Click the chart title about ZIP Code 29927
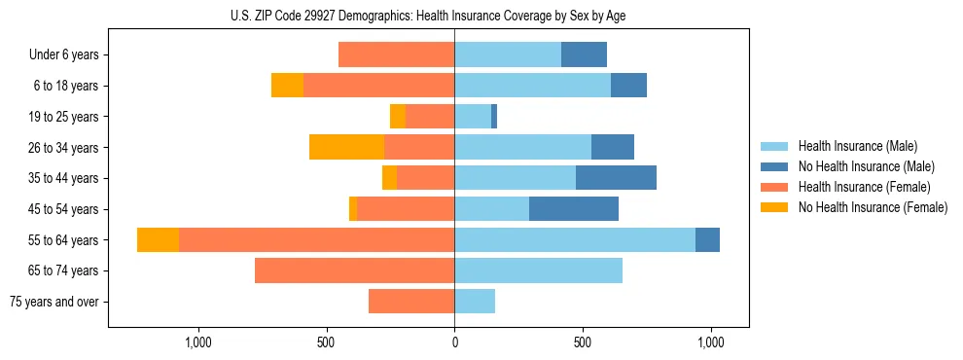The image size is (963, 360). [x=429, y=16]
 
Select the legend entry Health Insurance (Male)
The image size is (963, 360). [x=856, y=146]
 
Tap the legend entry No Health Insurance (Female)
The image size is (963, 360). [x=873, y=207]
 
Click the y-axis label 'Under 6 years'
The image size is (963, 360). [x=64, y=55]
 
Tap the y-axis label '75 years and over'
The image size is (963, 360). [x=54, y=302]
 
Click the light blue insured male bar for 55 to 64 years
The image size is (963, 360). [x=574, y=240]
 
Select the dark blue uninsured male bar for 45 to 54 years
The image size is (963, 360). [x=574, y=209]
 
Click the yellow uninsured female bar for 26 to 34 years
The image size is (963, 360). [x=346, y=147]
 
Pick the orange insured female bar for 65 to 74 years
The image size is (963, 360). [x=354, y=270]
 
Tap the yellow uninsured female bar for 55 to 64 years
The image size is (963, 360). [x=158, y=240]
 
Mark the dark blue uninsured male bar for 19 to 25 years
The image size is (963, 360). [x=494, y=117]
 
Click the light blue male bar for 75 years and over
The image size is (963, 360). [x=475, y=302]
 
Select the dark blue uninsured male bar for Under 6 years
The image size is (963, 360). [x=584, y=55]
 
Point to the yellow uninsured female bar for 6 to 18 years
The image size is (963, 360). [x=287, y=86]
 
